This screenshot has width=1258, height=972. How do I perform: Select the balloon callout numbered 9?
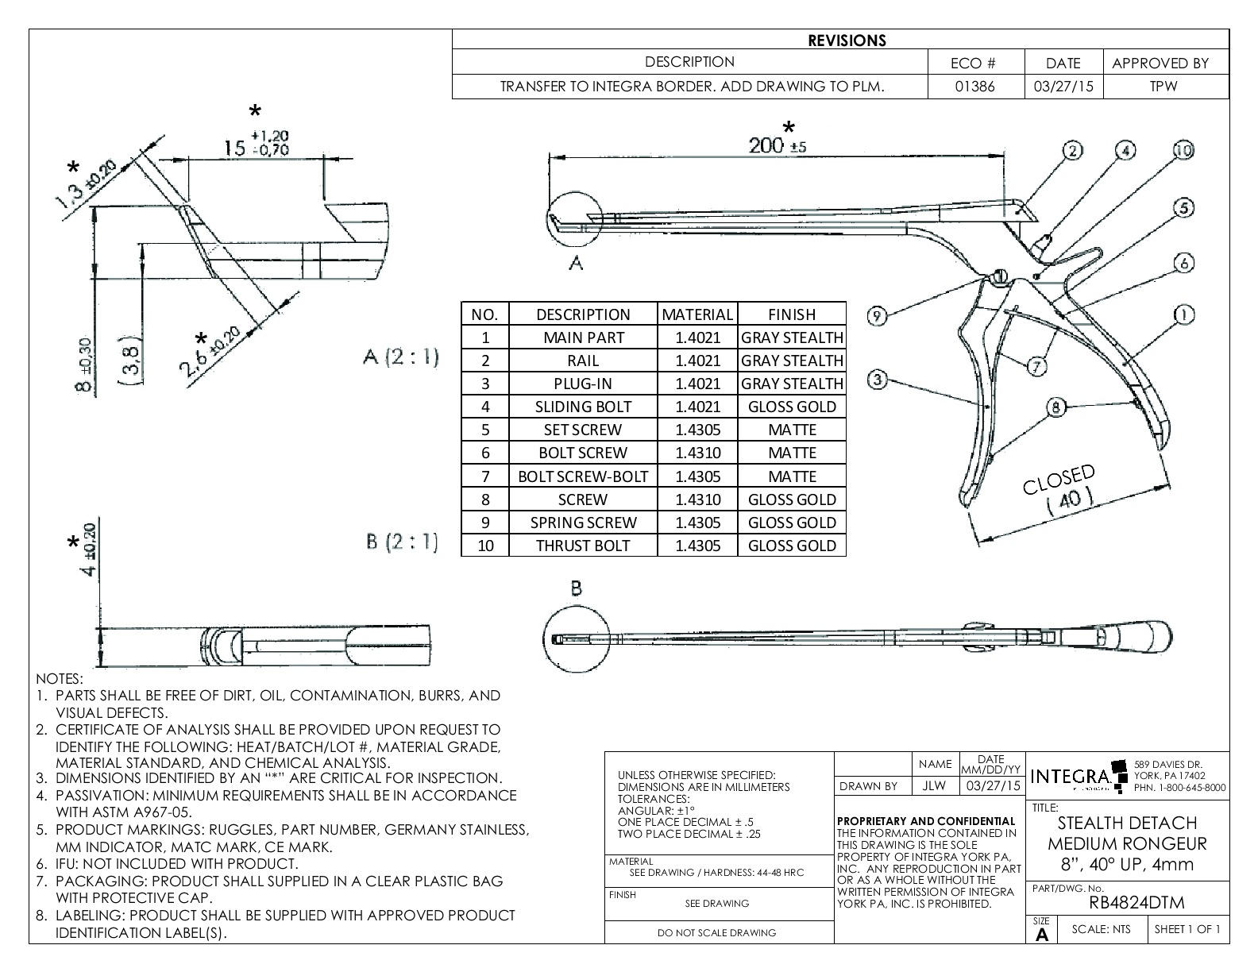click(876, 316)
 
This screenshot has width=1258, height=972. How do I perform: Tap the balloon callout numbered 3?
click(877, 380)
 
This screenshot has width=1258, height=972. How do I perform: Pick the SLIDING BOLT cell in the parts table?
click(583, 407)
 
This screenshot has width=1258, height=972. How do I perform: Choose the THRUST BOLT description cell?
click(583, 546)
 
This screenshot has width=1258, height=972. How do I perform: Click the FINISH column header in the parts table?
click(792, 314)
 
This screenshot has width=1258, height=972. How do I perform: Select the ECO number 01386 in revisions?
click(975, 87)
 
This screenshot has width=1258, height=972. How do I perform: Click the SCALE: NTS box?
click(1100, 929)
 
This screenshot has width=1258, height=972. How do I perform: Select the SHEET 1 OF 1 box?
click(1187, 929)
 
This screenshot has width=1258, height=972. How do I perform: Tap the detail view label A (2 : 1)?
click(401, 357)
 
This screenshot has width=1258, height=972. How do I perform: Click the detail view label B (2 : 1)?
click(402, 542)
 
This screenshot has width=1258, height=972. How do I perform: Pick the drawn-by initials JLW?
click(934, 786)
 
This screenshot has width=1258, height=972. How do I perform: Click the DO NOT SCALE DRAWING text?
click(716, 932)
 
